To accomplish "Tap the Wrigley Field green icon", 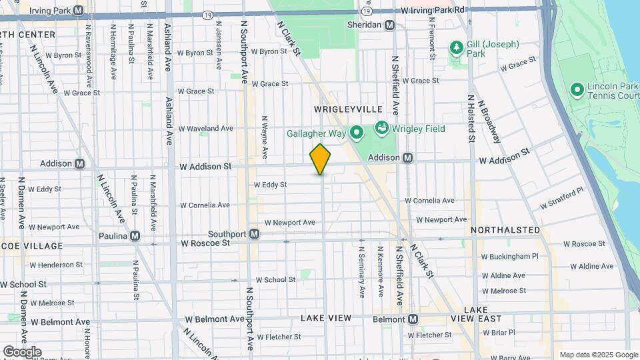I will click(x=382, y=127).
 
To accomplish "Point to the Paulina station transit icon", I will click(x=135, y=235).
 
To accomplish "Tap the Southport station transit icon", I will click(x=254, y=234).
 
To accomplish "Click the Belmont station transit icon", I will click(x=413, y=319).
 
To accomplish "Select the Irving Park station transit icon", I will click(x=79, y=11).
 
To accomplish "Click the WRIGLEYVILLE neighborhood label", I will click(x=348, y=109).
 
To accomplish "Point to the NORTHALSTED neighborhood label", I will click(x=505, y=230).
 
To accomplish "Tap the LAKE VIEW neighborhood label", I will click(x=325, y=318).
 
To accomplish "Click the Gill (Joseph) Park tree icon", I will click(x=457, y=47).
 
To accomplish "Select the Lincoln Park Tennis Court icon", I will click(x=577, y=89).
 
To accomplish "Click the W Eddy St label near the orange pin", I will click(x=270, y=185).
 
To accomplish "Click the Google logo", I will click(x=21, y=351).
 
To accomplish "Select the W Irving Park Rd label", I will click(x=433, y=11).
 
